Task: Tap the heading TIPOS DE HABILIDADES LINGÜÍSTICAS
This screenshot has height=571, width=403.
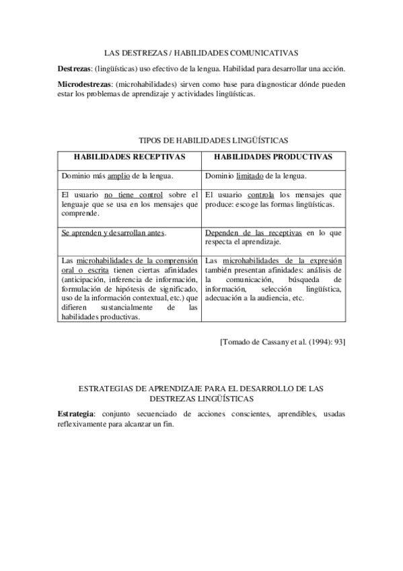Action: click(x=213, y=141)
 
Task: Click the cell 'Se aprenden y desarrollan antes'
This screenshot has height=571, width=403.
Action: click(x=112, y=233)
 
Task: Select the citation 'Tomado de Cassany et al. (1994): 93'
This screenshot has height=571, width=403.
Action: click(x=283, y=342)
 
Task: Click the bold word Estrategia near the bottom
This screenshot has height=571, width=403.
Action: click(x=75, y=413)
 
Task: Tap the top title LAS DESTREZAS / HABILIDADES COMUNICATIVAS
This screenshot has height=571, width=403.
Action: click(x=202, y=53)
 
